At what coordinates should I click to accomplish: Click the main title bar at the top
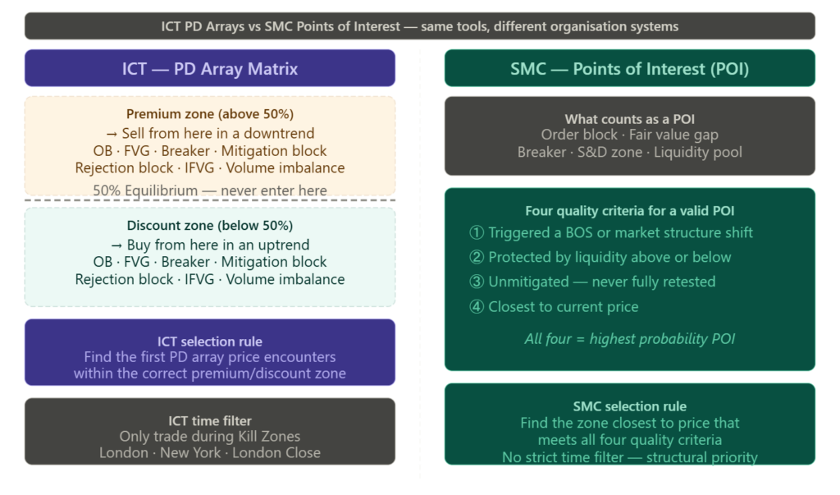pyautogui.click(x=420, y=26)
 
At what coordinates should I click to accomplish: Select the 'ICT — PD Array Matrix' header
pyautogui.click(x=210, y=69)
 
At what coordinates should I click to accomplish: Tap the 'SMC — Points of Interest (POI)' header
pyautogui.click(x=629, y=69)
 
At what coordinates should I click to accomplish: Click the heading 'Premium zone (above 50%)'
pyautogui.click(x=210, y=114)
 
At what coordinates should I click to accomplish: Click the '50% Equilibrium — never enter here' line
pyautogui.click(x=210, y=190)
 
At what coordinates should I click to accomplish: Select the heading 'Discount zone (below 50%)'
pyautogui.click(x=210, y=226)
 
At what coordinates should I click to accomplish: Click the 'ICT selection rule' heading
pyautogui.click(x=210, y=341)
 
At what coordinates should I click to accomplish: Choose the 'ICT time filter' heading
pyautogui.click(x=210, y=420)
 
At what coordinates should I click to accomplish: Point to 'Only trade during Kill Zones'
pyautogui.click(x=210, y=437)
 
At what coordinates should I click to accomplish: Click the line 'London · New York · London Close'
pyautogui.click(x=210, y=453)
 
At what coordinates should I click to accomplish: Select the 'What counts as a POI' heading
pyautogui.click(x=629, y=119)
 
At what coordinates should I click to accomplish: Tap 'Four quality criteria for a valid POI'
pyautogui.click(x=629, y=211)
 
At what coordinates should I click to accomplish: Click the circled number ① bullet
pyautogui.click(x=477, y=232)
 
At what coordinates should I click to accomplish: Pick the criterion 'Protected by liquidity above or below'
pyautogui.click(x=609, y=257)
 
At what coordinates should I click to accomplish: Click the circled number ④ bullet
pyautogui.click(x=477, y=307)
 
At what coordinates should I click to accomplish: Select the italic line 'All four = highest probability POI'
pyautogui.click(x=629, y=338)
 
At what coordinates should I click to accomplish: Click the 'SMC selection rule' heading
pyautogui.click(x=629, y=406)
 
